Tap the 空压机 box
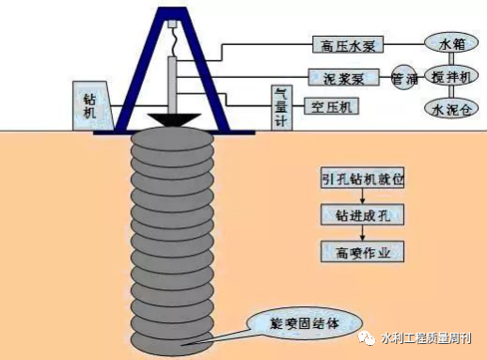[331, 107]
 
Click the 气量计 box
[279, 104]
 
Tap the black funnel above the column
[173, 121]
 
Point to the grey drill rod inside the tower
[174, 85]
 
